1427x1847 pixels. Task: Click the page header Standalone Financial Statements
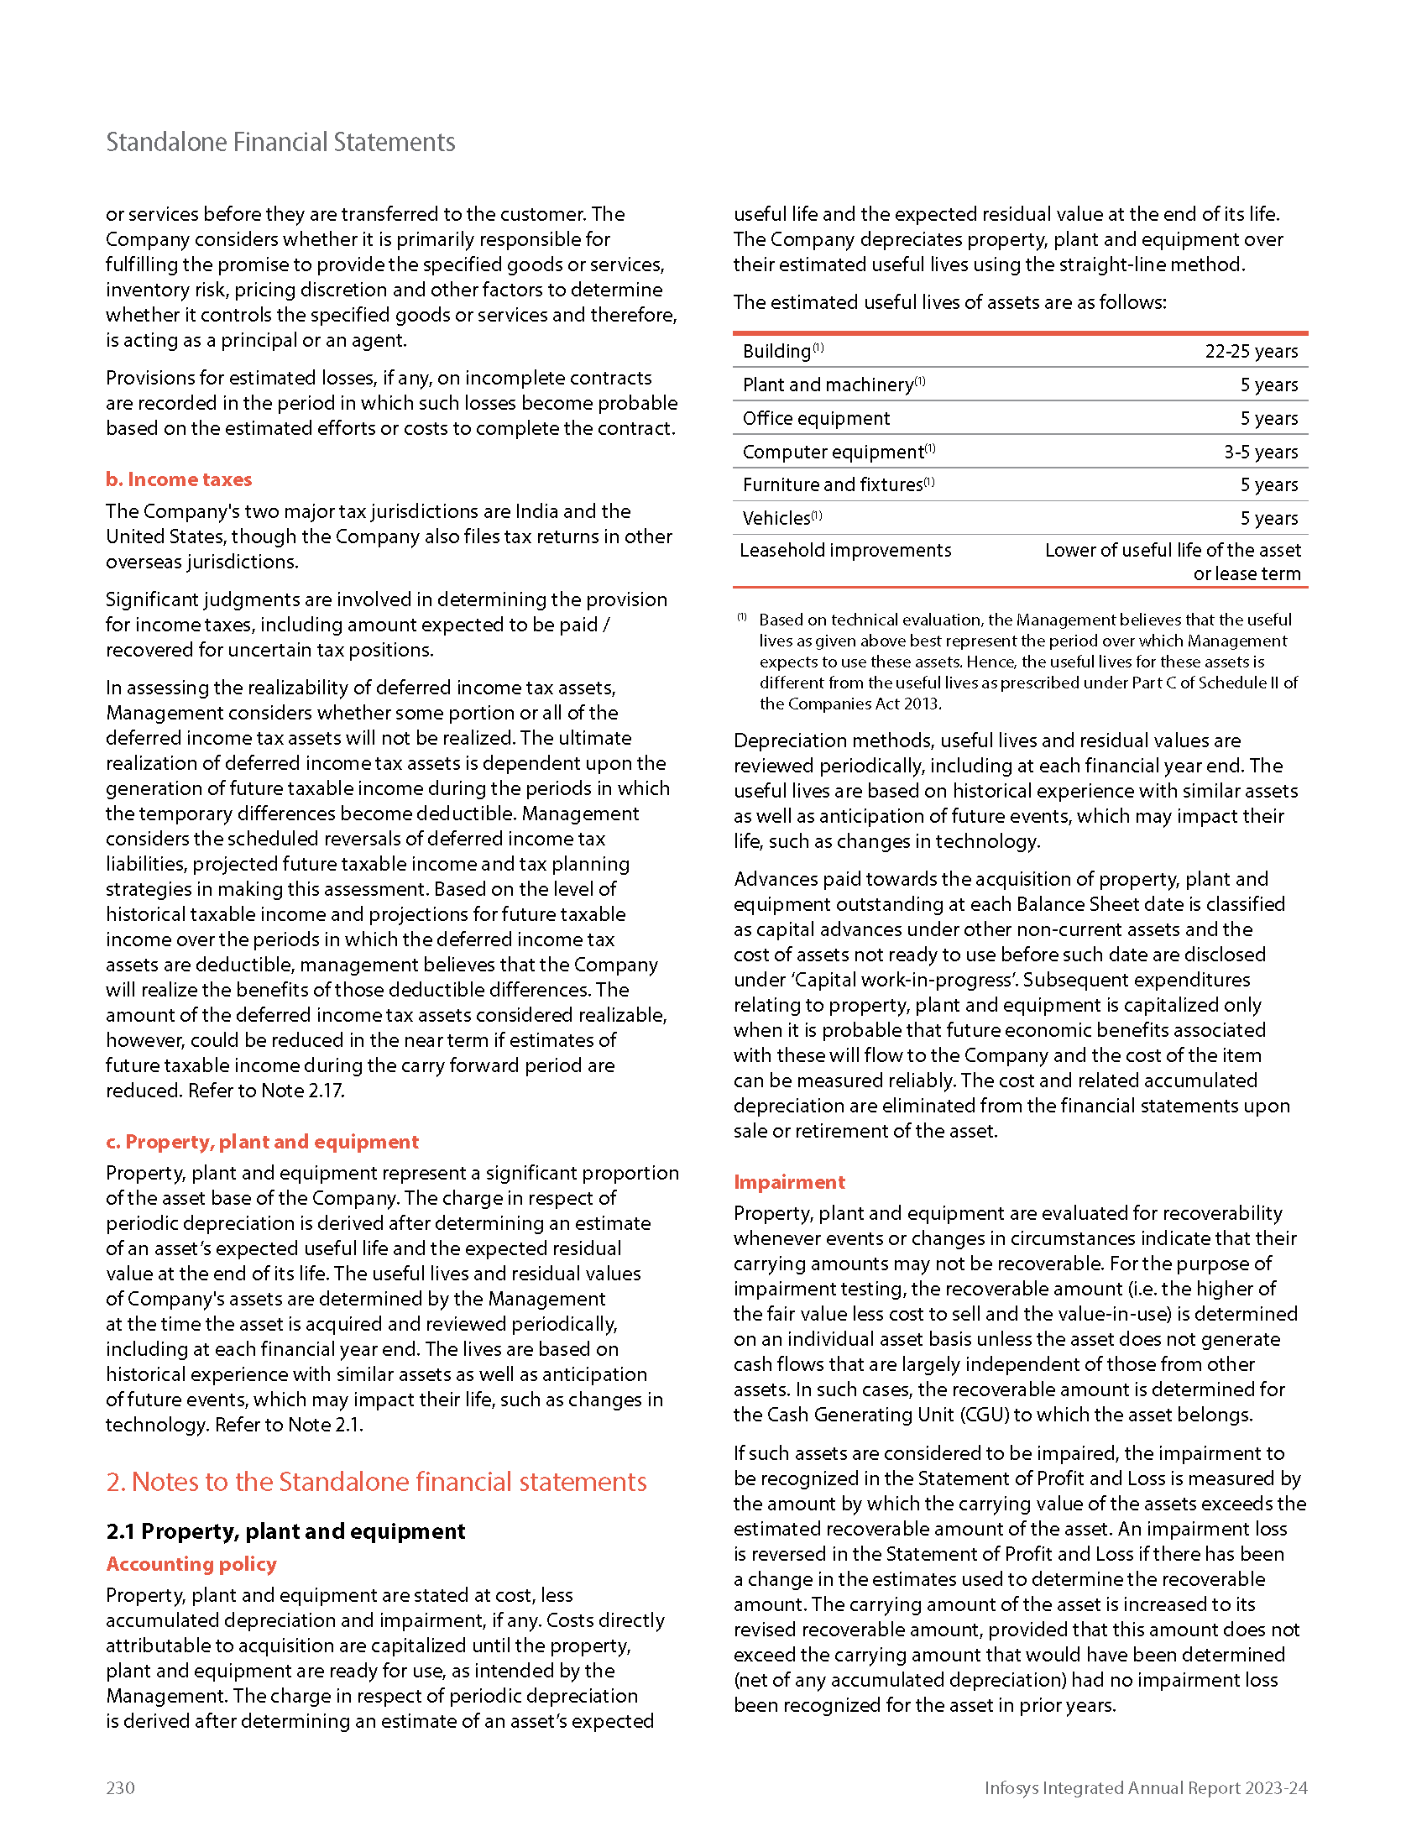280,142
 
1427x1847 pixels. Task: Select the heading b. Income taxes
178,479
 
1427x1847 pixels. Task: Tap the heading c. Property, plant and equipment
262,1142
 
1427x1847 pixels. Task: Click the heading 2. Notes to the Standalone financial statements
376,1482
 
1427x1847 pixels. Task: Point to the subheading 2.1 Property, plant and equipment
285,1531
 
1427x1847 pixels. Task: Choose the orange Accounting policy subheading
191,1564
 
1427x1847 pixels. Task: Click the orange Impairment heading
789,1182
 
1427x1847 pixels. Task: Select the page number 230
120,1787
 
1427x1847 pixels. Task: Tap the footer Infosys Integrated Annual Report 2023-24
1146,1787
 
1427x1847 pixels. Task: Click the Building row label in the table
776,351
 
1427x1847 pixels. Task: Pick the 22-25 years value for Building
1252,351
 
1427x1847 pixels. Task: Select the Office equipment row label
816,419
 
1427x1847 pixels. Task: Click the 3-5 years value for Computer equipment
1261,452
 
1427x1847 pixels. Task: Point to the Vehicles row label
776,518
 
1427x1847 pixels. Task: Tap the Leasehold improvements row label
845,551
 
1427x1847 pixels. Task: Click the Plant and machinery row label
828,385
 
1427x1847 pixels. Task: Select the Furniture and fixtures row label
832,484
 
